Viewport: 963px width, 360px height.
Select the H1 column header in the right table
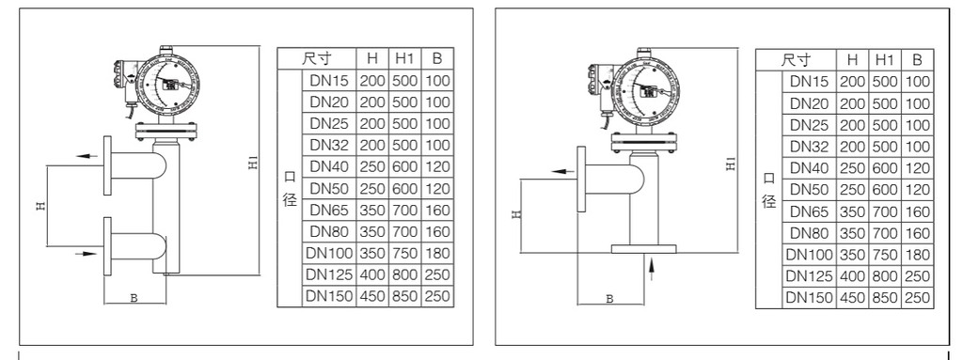click(x=884, y=59)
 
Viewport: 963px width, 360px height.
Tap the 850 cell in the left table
click(x=404, y=296)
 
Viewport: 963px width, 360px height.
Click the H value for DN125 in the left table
click(x=372, y=274)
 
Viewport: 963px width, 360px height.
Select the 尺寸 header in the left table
click(x=316, y=58)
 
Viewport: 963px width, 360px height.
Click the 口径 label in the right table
click(x=768, y=189)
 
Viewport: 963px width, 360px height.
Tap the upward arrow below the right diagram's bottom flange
click(x=652, y=269)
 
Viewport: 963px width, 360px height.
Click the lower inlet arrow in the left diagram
click(x=86, y=253)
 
